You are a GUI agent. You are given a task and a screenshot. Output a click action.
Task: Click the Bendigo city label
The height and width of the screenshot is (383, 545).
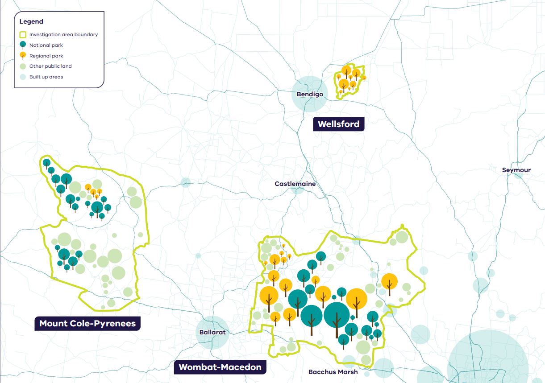(x=310, y=94)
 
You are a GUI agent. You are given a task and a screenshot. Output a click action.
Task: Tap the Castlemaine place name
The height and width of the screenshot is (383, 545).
(x=295, y=184)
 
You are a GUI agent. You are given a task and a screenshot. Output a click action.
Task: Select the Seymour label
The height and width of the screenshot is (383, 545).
(x=516, y=170)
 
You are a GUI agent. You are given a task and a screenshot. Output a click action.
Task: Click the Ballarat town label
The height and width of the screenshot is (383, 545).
(x=212, y=332)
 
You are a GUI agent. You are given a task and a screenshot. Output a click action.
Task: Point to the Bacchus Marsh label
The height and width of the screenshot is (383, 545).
(x=333, y=371)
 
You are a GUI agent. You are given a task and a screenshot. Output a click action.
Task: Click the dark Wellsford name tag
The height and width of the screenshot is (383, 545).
(x=338, y=124)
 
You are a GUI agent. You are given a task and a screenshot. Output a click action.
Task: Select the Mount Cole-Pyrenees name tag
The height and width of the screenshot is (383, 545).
(x=87, y=323)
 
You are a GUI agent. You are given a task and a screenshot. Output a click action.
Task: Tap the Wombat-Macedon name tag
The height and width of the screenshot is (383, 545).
(x=220, y=367)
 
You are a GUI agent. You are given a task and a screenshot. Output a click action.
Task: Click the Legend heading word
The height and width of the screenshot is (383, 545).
(x=31, y=21)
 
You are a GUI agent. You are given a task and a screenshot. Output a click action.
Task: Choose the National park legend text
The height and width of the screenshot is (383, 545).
(x=46, y=45)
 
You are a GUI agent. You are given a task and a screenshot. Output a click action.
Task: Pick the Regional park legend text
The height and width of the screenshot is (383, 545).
(x=46, y=56)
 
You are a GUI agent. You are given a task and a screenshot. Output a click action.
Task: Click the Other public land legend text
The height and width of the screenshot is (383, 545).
(x=50, y=66)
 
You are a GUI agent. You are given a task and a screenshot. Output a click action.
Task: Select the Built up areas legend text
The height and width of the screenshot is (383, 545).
(x=46, y=77)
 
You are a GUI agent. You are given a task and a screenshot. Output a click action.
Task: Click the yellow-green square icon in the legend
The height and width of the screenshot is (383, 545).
(x=23, y=34)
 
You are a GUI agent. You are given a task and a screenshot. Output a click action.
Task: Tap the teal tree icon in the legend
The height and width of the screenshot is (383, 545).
(x=23, y=45)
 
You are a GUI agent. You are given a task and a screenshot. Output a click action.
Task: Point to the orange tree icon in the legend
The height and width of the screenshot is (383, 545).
(x=23, y=55)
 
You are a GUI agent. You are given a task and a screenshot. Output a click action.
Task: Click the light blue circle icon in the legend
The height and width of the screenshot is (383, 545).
(x=23, y=77)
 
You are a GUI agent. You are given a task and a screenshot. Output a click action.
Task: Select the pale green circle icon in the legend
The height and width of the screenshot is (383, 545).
(x=23, y=66)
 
